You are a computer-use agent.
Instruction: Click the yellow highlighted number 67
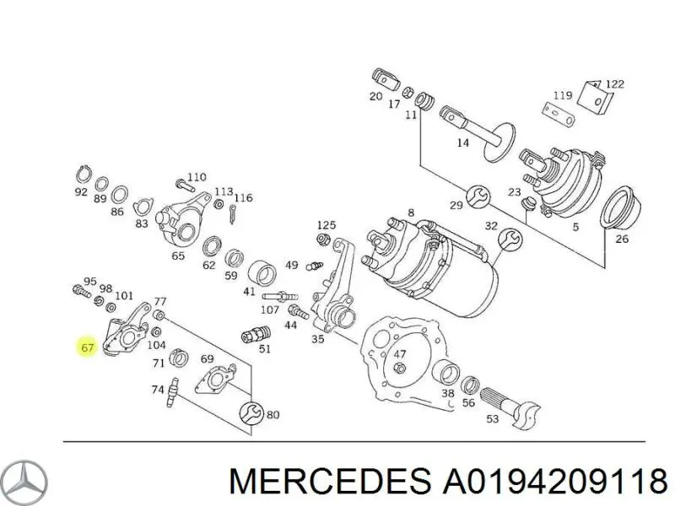87,347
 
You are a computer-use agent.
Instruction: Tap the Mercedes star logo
24,482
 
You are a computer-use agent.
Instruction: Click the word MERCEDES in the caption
328,482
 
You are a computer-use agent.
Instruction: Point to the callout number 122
614,83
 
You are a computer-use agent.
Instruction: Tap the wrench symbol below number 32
509,240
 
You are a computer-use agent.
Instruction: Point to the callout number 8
411,213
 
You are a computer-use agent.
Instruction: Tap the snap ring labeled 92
82,175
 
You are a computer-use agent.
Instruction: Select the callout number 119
563,94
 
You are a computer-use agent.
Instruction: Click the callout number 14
462,143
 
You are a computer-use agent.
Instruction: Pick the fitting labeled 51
250,333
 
